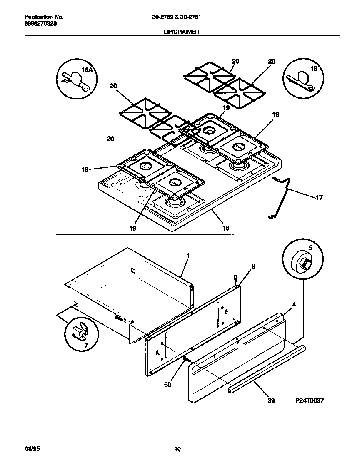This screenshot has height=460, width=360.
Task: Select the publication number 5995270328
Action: point(41,24)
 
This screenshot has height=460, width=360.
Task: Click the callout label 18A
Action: point(87,71)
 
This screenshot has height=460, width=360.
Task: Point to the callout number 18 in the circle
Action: point(314,69)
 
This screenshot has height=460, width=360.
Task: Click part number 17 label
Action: point(319,198)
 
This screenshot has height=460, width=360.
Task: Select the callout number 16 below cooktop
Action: point(226,228)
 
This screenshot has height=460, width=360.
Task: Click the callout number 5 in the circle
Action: point(310,248)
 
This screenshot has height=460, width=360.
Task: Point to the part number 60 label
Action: point(167,385)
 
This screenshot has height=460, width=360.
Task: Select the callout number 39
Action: point(271,401)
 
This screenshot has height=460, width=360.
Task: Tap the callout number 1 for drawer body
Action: point(187,255)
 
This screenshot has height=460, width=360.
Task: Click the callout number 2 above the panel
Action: point(253,266)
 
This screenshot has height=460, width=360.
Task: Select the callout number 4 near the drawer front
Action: point(294,305)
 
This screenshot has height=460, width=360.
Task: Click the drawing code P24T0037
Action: point(310,401)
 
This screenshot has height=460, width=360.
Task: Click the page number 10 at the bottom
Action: point(177,449)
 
